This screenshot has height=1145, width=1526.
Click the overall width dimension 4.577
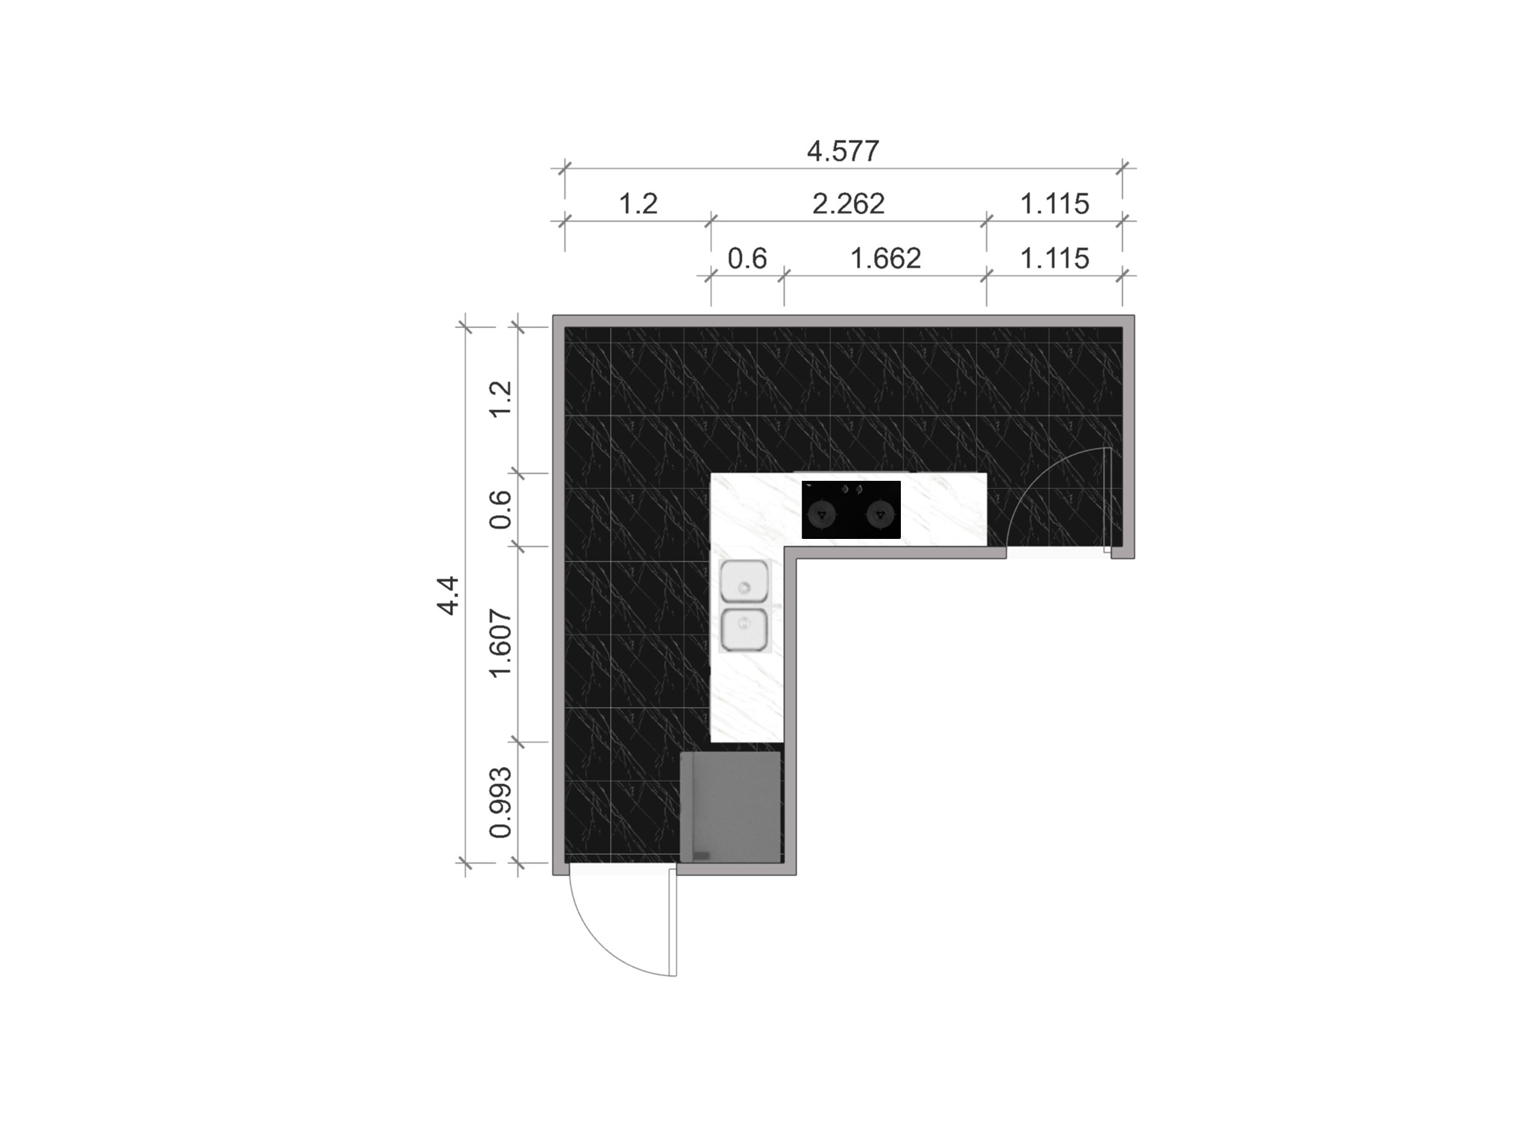843,151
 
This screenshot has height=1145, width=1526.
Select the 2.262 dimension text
848,204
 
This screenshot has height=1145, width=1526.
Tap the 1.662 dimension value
885,259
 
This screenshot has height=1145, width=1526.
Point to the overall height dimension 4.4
448,595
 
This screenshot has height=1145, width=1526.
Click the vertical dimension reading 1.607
501,643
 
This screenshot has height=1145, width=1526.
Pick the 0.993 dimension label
501,802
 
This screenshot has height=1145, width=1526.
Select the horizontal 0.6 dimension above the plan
747,259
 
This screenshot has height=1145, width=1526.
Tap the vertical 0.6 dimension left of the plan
501,509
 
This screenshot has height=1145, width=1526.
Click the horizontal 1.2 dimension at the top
639,204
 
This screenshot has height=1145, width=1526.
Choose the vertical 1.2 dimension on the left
501,399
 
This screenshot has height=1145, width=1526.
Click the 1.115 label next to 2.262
1054,204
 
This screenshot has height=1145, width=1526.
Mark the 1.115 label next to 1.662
1054,259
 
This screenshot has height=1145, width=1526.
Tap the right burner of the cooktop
881,514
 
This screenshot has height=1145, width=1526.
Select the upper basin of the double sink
744,581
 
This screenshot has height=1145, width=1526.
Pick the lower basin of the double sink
744,629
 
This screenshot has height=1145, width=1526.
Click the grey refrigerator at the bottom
730,807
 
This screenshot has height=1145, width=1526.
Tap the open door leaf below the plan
673,922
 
